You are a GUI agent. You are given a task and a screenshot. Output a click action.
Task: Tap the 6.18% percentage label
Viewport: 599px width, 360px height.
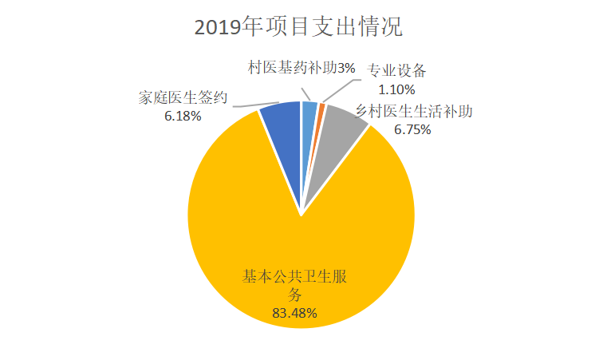coord(182,116)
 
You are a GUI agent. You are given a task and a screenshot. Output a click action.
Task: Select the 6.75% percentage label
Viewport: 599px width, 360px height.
coord(412,129)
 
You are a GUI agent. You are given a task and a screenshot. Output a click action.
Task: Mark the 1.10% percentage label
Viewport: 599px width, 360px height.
coord(395,89)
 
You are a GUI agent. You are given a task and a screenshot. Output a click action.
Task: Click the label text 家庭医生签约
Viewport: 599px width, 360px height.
coord(183,99)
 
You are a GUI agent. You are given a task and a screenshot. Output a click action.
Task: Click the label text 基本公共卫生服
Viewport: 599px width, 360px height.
coord(298,278)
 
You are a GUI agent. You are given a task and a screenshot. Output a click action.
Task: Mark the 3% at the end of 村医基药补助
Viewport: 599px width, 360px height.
coord(346,69)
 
